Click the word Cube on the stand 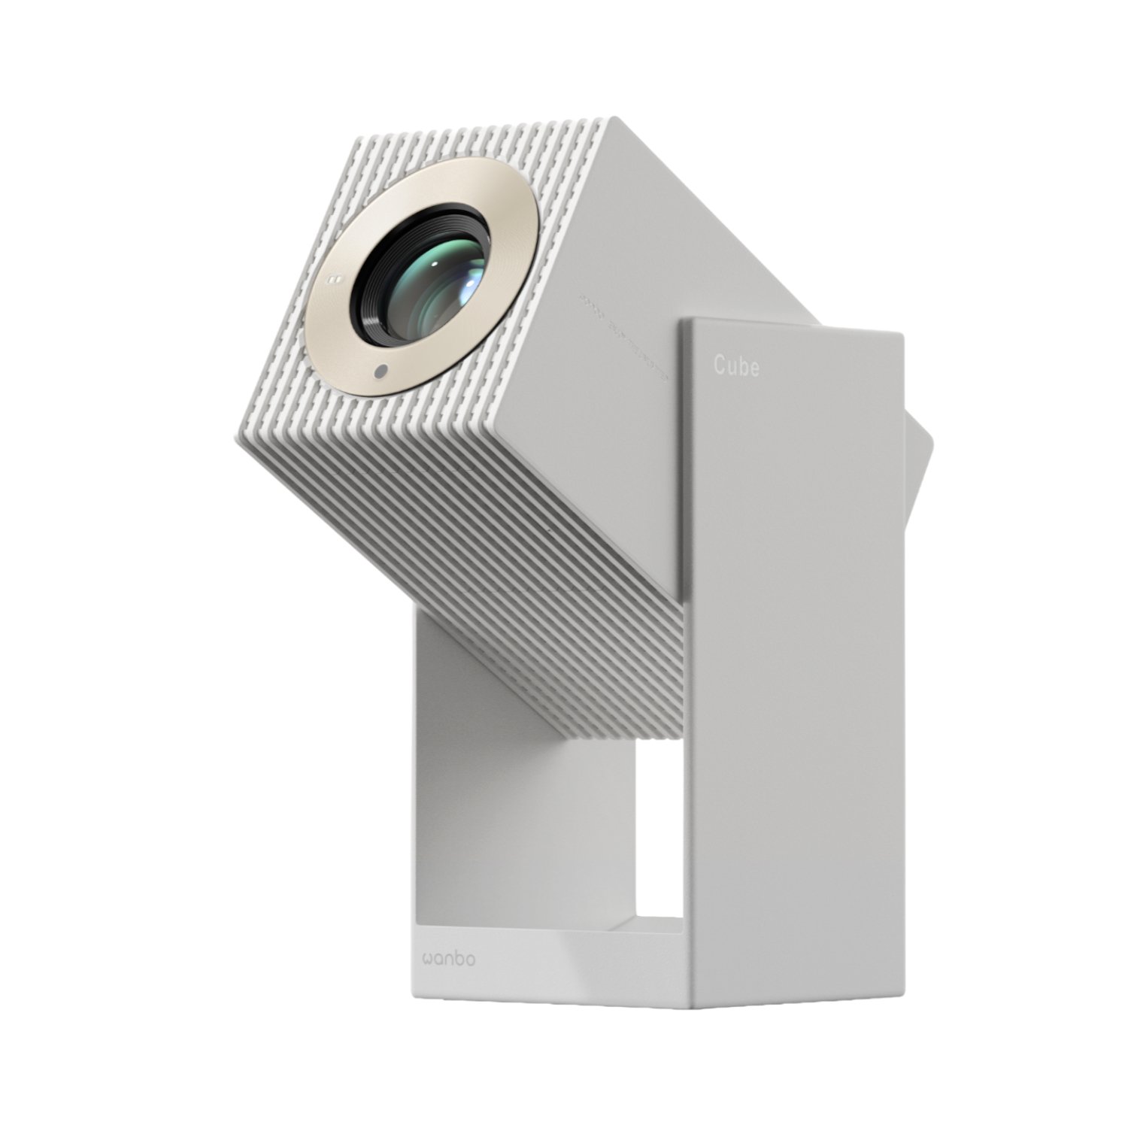(x=735, y=366)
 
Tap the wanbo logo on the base (x=448, y=959)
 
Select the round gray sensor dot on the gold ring (x=381, y=371)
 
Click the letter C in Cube (x=720, y=366)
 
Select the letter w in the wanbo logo (x=427, y=960)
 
